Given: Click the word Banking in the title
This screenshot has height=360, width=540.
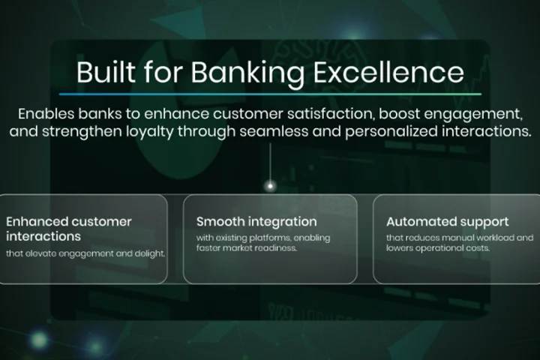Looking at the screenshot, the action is pyautogui.click(x=247, y=73).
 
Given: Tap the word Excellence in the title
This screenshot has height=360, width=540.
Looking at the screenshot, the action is pyautogui.click(x=388, y=72).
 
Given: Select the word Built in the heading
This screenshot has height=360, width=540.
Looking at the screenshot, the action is pyautogui.click(x=106, y=72).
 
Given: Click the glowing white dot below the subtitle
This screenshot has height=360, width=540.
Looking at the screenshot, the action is pyautogui.click(x=270, y=186).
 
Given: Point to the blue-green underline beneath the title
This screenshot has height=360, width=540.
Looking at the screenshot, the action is pyautogui.click(x=270, y=94).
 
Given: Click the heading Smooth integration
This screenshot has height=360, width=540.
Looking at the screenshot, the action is pyautogui.click(x=256, y=222).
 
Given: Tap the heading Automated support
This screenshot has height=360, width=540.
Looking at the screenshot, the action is pyautogui.click(x=447, y=222).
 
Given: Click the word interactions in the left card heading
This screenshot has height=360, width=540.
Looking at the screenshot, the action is pyautogui.click(x=43, y=236).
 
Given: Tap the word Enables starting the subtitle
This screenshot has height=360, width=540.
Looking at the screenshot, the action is pyautogui.click(x=46, y=114).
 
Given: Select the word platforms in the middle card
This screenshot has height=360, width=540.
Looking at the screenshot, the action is pyautogui.click(x=270, y=238).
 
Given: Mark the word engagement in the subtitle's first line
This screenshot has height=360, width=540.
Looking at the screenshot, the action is pyautogui.click(x=473, y=114).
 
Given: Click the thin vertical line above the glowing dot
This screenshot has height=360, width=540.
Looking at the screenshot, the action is pyautogui.click(x=270, y=163).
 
